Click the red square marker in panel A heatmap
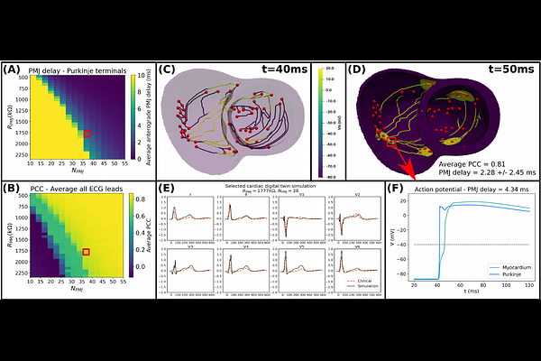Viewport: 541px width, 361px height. click(87, 134)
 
